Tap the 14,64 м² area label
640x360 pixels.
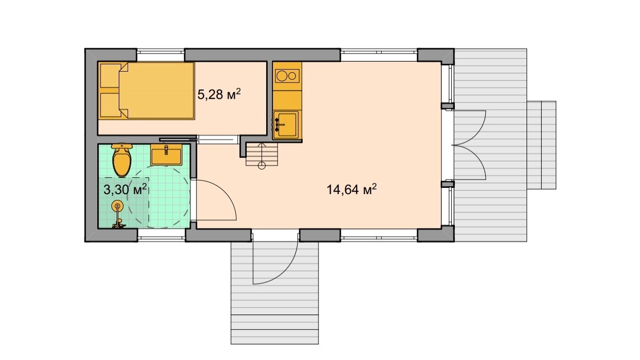[x=351, y=189]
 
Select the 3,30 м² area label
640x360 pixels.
[x=125, y=189]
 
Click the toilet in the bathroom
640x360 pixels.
[x=122, y=160]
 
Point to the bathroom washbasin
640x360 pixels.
[x=166, y=155]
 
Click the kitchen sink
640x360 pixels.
[x=286, y=125]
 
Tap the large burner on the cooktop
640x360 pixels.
[x=282, y=76]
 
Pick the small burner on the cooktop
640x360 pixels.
[x=292, y=76]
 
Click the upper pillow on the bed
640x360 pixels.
[x=110, y=76]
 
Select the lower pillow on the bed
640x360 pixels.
[x=110, y=105]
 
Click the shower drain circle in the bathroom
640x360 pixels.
[x=117, y=205]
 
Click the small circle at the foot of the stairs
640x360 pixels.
[x=262, y=165]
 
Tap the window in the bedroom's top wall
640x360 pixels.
[x=161, y=55]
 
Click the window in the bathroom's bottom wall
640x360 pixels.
[x=162, y=235]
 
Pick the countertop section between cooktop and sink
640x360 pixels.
[x=287, y=100]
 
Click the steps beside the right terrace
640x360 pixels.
[x=541, y=145]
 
